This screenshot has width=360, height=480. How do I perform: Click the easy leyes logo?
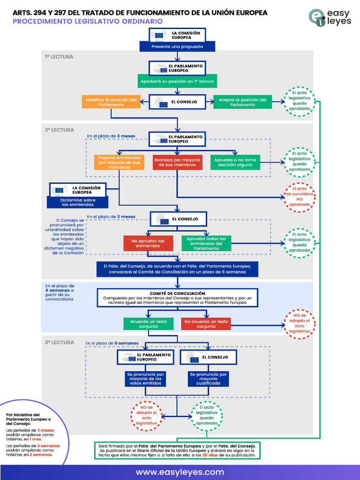coord(330,18)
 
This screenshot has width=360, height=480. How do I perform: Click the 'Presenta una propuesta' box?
coord(177,46)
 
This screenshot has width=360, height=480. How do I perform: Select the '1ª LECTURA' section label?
coord(59,57)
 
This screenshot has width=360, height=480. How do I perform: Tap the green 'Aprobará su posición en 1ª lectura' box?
coord(177,81)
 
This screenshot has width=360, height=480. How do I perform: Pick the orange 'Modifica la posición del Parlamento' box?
coord(111,102)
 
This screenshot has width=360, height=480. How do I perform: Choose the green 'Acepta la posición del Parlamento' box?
coord(242,102)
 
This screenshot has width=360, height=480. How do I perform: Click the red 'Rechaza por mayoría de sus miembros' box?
coord(177,162)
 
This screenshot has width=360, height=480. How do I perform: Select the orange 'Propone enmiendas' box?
coord(119,162)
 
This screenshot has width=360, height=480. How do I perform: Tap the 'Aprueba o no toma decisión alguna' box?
coord(235,162)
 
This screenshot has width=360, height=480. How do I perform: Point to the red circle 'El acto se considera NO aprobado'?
coord(300,197)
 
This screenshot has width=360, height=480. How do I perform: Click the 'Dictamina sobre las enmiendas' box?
coord(78,202)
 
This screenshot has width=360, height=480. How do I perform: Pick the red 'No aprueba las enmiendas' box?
coord(148,243)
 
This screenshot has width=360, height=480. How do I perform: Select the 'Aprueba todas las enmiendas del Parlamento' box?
coord(206,243)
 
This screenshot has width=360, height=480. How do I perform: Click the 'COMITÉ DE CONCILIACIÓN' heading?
coord(178,293)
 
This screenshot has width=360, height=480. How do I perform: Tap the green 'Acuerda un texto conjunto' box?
coord(149,324)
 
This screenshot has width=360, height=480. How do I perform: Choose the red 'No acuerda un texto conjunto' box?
coord(206,324)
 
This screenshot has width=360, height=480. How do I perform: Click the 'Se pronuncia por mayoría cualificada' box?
coord(208,379)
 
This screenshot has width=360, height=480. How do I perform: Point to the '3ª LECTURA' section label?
coord(60,342)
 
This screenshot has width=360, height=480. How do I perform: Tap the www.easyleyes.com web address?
coord(180,472)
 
